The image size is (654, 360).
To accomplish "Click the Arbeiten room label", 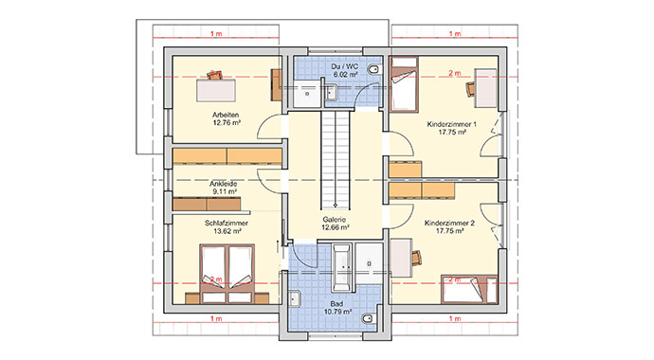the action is tap(226, 115).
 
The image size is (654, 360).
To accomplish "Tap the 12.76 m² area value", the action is tap(227, 122).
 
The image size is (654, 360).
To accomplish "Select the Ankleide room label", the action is tap(223, 184).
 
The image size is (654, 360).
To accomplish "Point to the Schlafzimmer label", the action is tap(227, 224).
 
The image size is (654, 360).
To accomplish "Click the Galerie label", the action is tap(334, 220).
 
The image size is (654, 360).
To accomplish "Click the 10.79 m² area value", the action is tap(337, 312).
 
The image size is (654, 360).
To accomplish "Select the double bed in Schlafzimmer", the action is tap(227, 273).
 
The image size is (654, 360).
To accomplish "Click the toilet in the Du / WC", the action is tap(374, 69).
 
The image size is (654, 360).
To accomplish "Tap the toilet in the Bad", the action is tap(369, 319).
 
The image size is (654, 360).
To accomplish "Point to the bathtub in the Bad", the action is tap(342, 268).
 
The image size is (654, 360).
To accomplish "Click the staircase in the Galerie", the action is tap(335, 159).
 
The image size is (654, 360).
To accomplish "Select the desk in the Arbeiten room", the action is tap(216, 90).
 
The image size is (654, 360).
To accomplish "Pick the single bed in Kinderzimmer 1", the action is tap(404, 84).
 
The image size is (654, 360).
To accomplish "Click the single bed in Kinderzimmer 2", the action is tap(469, 289).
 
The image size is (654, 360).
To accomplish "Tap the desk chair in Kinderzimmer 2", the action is tap(417, 258).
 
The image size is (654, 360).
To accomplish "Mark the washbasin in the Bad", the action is tap(295, 298).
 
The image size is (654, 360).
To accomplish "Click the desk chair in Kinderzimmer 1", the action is tap(470, 89).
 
